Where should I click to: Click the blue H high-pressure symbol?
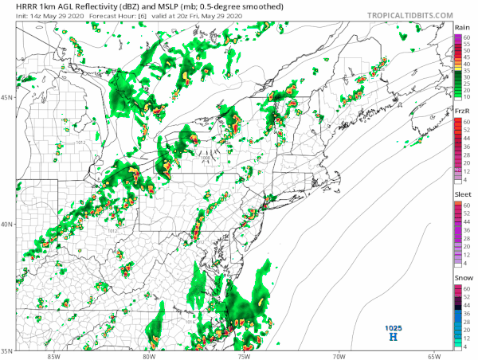(392, 338)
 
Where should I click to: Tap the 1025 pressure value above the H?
(393, 327)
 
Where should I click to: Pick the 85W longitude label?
(53, 356)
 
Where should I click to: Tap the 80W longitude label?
(148, 356)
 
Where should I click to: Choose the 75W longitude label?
(244, 356)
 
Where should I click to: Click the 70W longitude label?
(339, 356)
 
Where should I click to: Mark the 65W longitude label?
(434, 356)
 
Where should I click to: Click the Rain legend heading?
(462, 28)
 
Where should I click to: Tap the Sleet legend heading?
(462, 194)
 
